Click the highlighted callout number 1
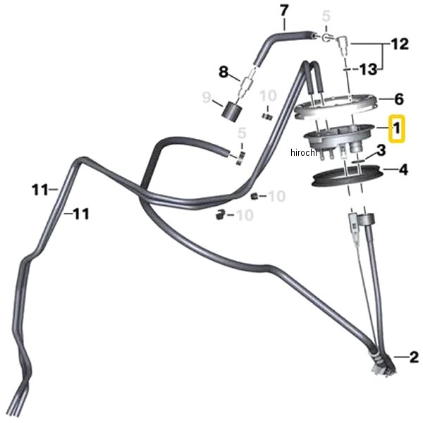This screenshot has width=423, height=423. tap(396, 128)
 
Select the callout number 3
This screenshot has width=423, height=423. tap(381, 150)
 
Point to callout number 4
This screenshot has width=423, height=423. tap(403, 170)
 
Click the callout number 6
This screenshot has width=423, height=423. tap(399, 99)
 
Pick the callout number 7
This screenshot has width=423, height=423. tap(284, 11)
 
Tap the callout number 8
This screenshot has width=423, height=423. tap(223, 72)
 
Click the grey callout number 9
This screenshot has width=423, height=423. tap(207, 97)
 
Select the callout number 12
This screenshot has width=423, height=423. tap(400, 44)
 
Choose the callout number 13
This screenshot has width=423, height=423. tap(369, 69)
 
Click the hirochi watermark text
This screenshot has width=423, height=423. tap(303, 152)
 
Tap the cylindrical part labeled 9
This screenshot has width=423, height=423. tap(231, 111)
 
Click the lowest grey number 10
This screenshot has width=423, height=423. tap(245, 215)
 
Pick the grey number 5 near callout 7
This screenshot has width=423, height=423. tap(326, 16)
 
